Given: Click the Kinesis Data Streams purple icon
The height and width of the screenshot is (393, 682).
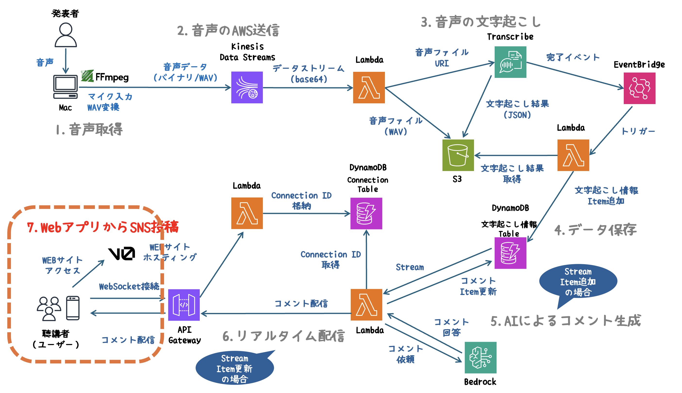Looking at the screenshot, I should click(247, 87).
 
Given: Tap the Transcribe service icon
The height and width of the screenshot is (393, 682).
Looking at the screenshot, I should click(510, 62).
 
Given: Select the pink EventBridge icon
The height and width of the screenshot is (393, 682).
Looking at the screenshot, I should click(639, 88).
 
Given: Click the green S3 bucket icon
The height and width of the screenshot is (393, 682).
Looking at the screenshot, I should click(458, 155).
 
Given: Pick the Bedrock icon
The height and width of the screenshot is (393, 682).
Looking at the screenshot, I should click(480, 357).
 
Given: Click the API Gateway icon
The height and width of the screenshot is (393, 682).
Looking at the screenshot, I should click(184, 305).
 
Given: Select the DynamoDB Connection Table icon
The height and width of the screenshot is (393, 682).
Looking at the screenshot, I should click(366, 213).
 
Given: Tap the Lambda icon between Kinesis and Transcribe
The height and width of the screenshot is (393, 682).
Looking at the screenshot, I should click(369, 87).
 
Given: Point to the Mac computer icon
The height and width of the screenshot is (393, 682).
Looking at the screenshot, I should click(65, 87).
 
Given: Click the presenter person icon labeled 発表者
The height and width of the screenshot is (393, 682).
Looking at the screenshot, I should click(66, 35).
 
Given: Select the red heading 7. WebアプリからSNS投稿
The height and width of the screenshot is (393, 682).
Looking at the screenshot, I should click(103, 227).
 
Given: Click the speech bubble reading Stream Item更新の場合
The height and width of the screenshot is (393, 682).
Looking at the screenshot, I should click(234, 368).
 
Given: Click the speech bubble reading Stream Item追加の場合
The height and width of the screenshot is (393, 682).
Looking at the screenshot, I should click(578, 281).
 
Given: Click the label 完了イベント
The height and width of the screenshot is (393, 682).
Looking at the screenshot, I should click(572, 57).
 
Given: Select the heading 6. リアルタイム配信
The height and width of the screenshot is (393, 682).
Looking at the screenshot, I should click(283, 336).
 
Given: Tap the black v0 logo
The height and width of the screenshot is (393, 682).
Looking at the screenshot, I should click(122, 254).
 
